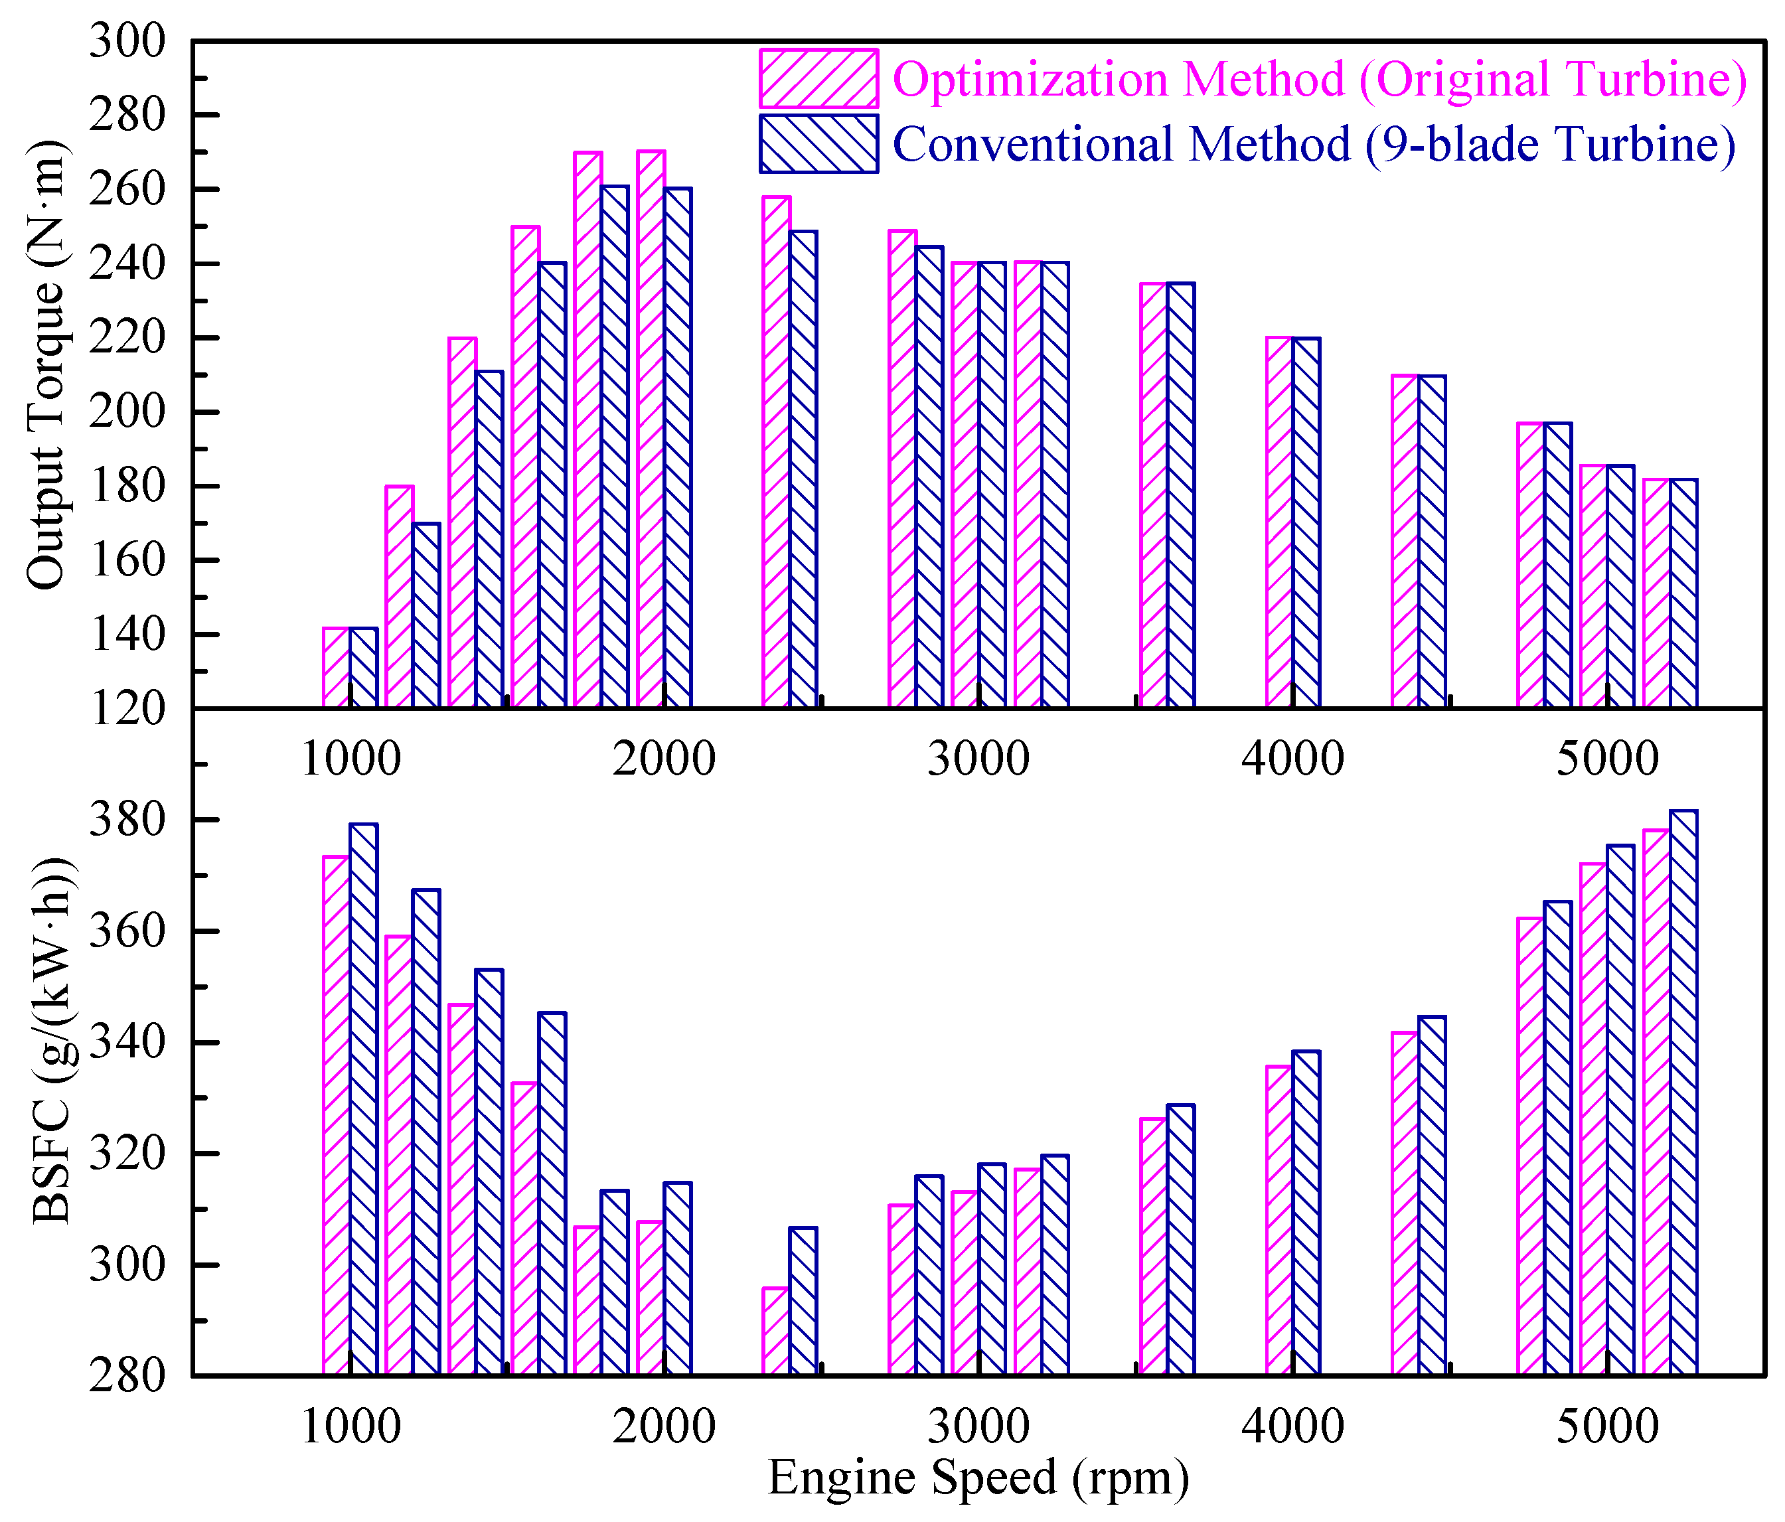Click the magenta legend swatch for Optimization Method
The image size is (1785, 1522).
point(818,78)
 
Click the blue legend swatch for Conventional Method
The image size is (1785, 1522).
point(818,144)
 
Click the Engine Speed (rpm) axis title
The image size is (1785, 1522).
point(978,1478)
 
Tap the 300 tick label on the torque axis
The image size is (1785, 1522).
point(127,41)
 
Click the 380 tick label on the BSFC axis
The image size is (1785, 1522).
point(127,820)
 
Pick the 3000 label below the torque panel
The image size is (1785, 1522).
point(978,759)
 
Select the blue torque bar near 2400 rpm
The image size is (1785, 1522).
point(803,469)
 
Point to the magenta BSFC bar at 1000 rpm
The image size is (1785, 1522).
point(337,1114)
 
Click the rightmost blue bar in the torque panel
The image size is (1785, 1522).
point(1683,593)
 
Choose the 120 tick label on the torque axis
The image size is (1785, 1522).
point(127,710)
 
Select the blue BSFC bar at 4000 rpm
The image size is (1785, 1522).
point(1306,1212)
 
